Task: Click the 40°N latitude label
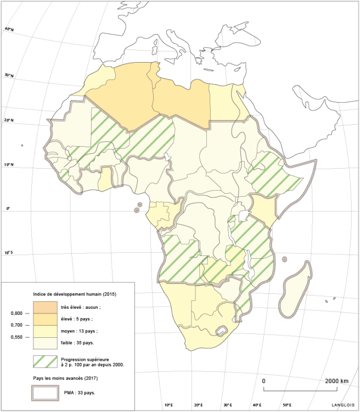pyautogui.click(x=9, y=29)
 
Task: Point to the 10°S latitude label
pyautogui.click(x=8, y=253)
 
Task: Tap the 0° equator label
pyautogui.click(x=8, y=209)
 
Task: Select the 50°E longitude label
pyautogui.click(x=287, y=405)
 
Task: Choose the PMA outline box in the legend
pyautogui.click(x=46, y=393)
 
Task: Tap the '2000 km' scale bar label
pyautogui.click(x=336, y=381)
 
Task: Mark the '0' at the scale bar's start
pyautogui.click(x=265, y=381)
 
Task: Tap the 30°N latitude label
pyautogui.click(x=9, y=75)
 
